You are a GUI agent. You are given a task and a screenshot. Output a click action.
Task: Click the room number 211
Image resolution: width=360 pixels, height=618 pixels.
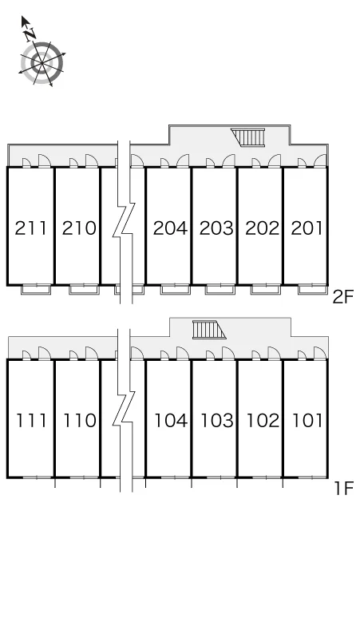(30, 228)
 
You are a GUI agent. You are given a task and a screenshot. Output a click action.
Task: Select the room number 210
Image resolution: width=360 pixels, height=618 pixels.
(79, 228)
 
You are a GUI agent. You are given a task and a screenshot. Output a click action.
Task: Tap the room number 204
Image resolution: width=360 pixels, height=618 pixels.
(170, 228)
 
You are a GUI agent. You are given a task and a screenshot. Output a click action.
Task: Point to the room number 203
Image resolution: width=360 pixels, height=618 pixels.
(216, 228)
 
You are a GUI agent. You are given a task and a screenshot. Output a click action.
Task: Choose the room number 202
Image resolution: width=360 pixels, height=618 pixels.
(262, 228)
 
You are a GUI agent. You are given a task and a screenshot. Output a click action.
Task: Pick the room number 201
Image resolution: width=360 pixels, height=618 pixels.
(307, 228)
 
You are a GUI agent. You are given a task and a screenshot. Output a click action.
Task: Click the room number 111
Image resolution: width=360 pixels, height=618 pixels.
(31, 421)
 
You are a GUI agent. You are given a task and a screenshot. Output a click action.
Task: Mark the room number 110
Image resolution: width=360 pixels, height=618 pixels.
(80, 421)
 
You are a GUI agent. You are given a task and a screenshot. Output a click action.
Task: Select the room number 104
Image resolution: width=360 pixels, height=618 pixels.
(171, 421)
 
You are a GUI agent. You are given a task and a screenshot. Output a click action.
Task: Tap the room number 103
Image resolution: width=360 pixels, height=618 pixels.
(217, 421)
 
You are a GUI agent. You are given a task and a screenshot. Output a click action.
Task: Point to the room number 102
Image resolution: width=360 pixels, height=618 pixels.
(263, 421)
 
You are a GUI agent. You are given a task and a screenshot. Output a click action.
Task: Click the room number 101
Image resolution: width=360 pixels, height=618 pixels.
(307, 421)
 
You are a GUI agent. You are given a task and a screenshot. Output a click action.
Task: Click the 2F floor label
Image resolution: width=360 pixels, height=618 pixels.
(343, 297)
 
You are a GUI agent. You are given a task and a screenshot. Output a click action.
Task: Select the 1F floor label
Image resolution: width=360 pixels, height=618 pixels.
(344, 489)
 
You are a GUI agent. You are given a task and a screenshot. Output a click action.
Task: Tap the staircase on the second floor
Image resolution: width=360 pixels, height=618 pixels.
(248, 137)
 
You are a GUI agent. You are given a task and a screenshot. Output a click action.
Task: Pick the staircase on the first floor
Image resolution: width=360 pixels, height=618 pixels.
(209, 330)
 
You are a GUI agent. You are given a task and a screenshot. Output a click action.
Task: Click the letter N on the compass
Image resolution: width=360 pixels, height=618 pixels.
(30, 35)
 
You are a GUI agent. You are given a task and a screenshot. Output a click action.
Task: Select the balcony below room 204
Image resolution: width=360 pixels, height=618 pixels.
(176, 290)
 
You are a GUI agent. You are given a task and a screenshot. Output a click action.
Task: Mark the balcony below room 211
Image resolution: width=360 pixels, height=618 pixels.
(36, 290)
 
